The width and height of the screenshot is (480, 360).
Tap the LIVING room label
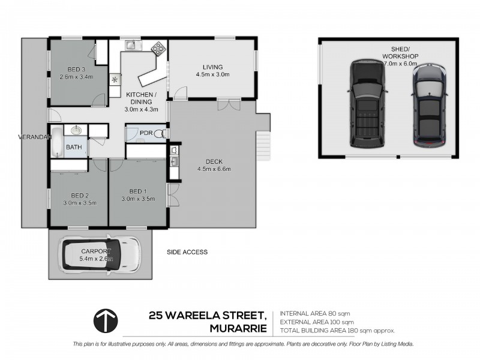coord(212,67)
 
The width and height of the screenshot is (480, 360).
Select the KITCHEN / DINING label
coord(142,98)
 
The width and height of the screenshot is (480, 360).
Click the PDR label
coord(146,133)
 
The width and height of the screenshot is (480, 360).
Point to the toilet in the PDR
coord(160,133)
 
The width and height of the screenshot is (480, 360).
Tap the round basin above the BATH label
coord(77,130)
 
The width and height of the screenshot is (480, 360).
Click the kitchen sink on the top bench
coord(132,46)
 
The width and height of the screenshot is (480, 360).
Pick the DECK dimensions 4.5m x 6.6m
coord(214,169)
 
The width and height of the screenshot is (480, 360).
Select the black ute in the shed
coord(365,103)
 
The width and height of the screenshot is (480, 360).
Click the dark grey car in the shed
coord(428,106)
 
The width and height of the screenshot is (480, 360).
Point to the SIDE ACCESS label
coord(187,252)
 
